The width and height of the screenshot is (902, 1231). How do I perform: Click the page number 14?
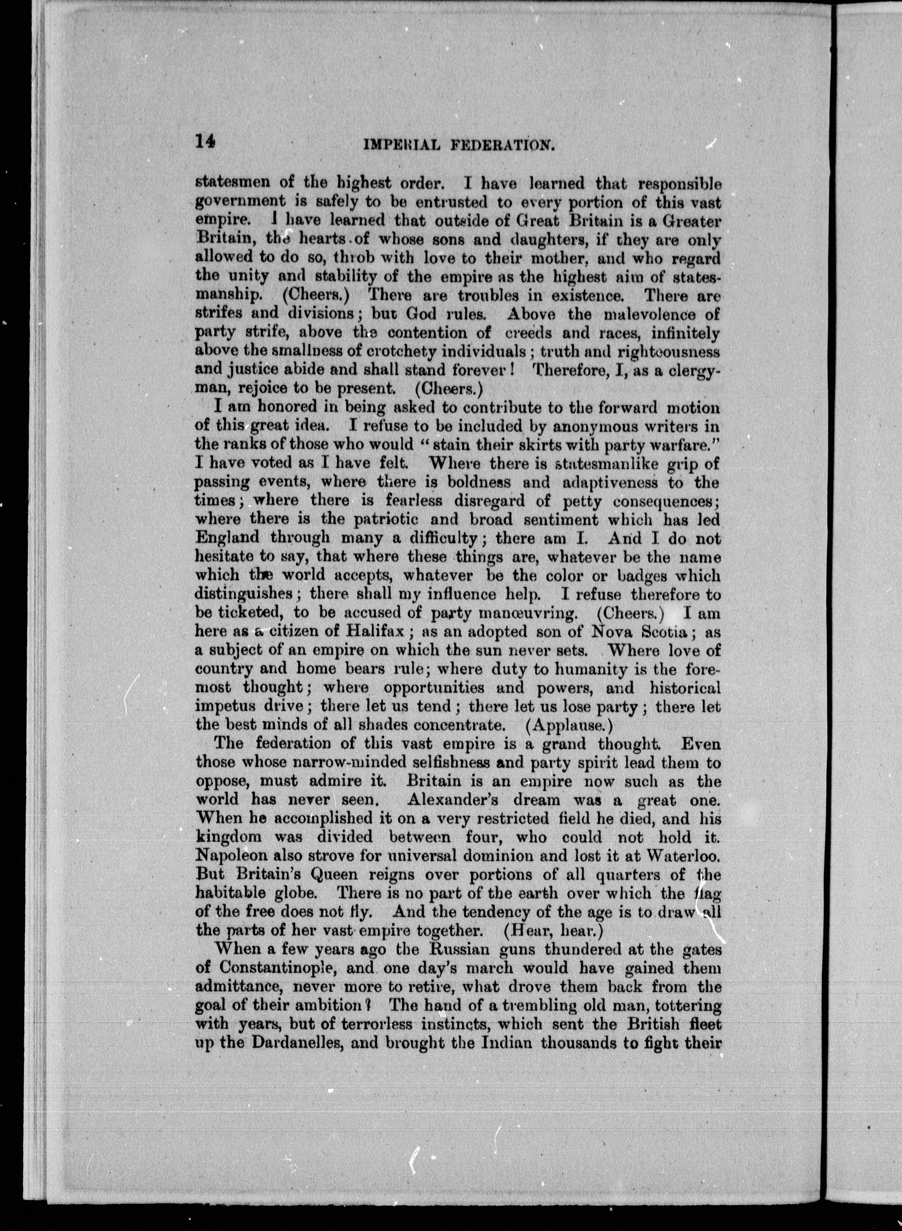click(205, 142)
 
